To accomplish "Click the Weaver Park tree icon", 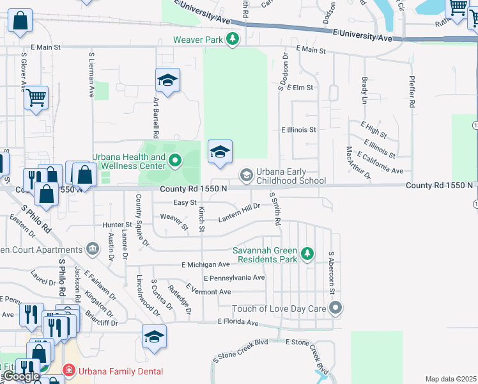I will pos(233,39).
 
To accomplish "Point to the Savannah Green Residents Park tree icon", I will pos(307,255).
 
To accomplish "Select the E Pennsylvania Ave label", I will pos(234,278).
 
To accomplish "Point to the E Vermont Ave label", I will pos(208,291).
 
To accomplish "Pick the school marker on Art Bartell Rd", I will pos(167,81).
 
